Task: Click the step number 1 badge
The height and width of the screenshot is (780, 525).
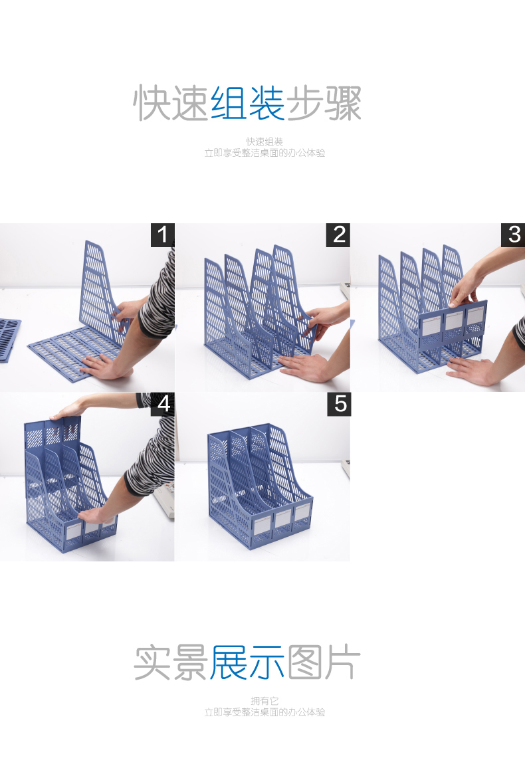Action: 162,235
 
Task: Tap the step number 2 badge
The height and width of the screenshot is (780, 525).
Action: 338,235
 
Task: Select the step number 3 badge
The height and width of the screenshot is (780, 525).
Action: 513,235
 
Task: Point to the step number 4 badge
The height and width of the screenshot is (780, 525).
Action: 163,404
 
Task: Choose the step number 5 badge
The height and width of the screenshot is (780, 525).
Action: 339,404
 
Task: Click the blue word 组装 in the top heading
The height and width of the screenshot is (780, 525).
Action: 247,103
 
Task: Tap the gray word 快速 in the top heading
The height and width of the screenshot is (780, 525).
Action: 171,103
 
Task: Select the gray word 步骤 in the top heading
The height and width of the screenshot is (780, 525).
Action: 324,103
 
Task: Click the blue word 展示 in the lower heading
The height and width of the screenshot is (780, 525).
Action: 247,662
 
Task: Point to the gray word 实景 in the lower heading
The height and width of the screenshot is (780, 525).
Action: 171,662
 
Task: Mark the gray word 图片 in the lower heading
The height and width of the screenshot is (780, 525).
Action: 324,662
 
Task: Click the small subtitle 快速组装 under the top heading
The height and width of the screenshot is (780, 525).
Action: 264,142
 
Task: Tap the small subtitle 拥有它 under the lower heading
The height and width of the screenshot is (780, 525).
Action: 264,701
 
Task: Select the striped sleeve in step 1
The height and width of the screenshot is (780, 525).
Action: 158,294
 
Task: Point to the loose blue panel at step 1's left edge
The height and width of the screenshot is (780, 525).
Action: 9,339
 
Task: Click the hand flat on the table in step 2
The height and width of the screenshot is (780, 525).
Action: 304,367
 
